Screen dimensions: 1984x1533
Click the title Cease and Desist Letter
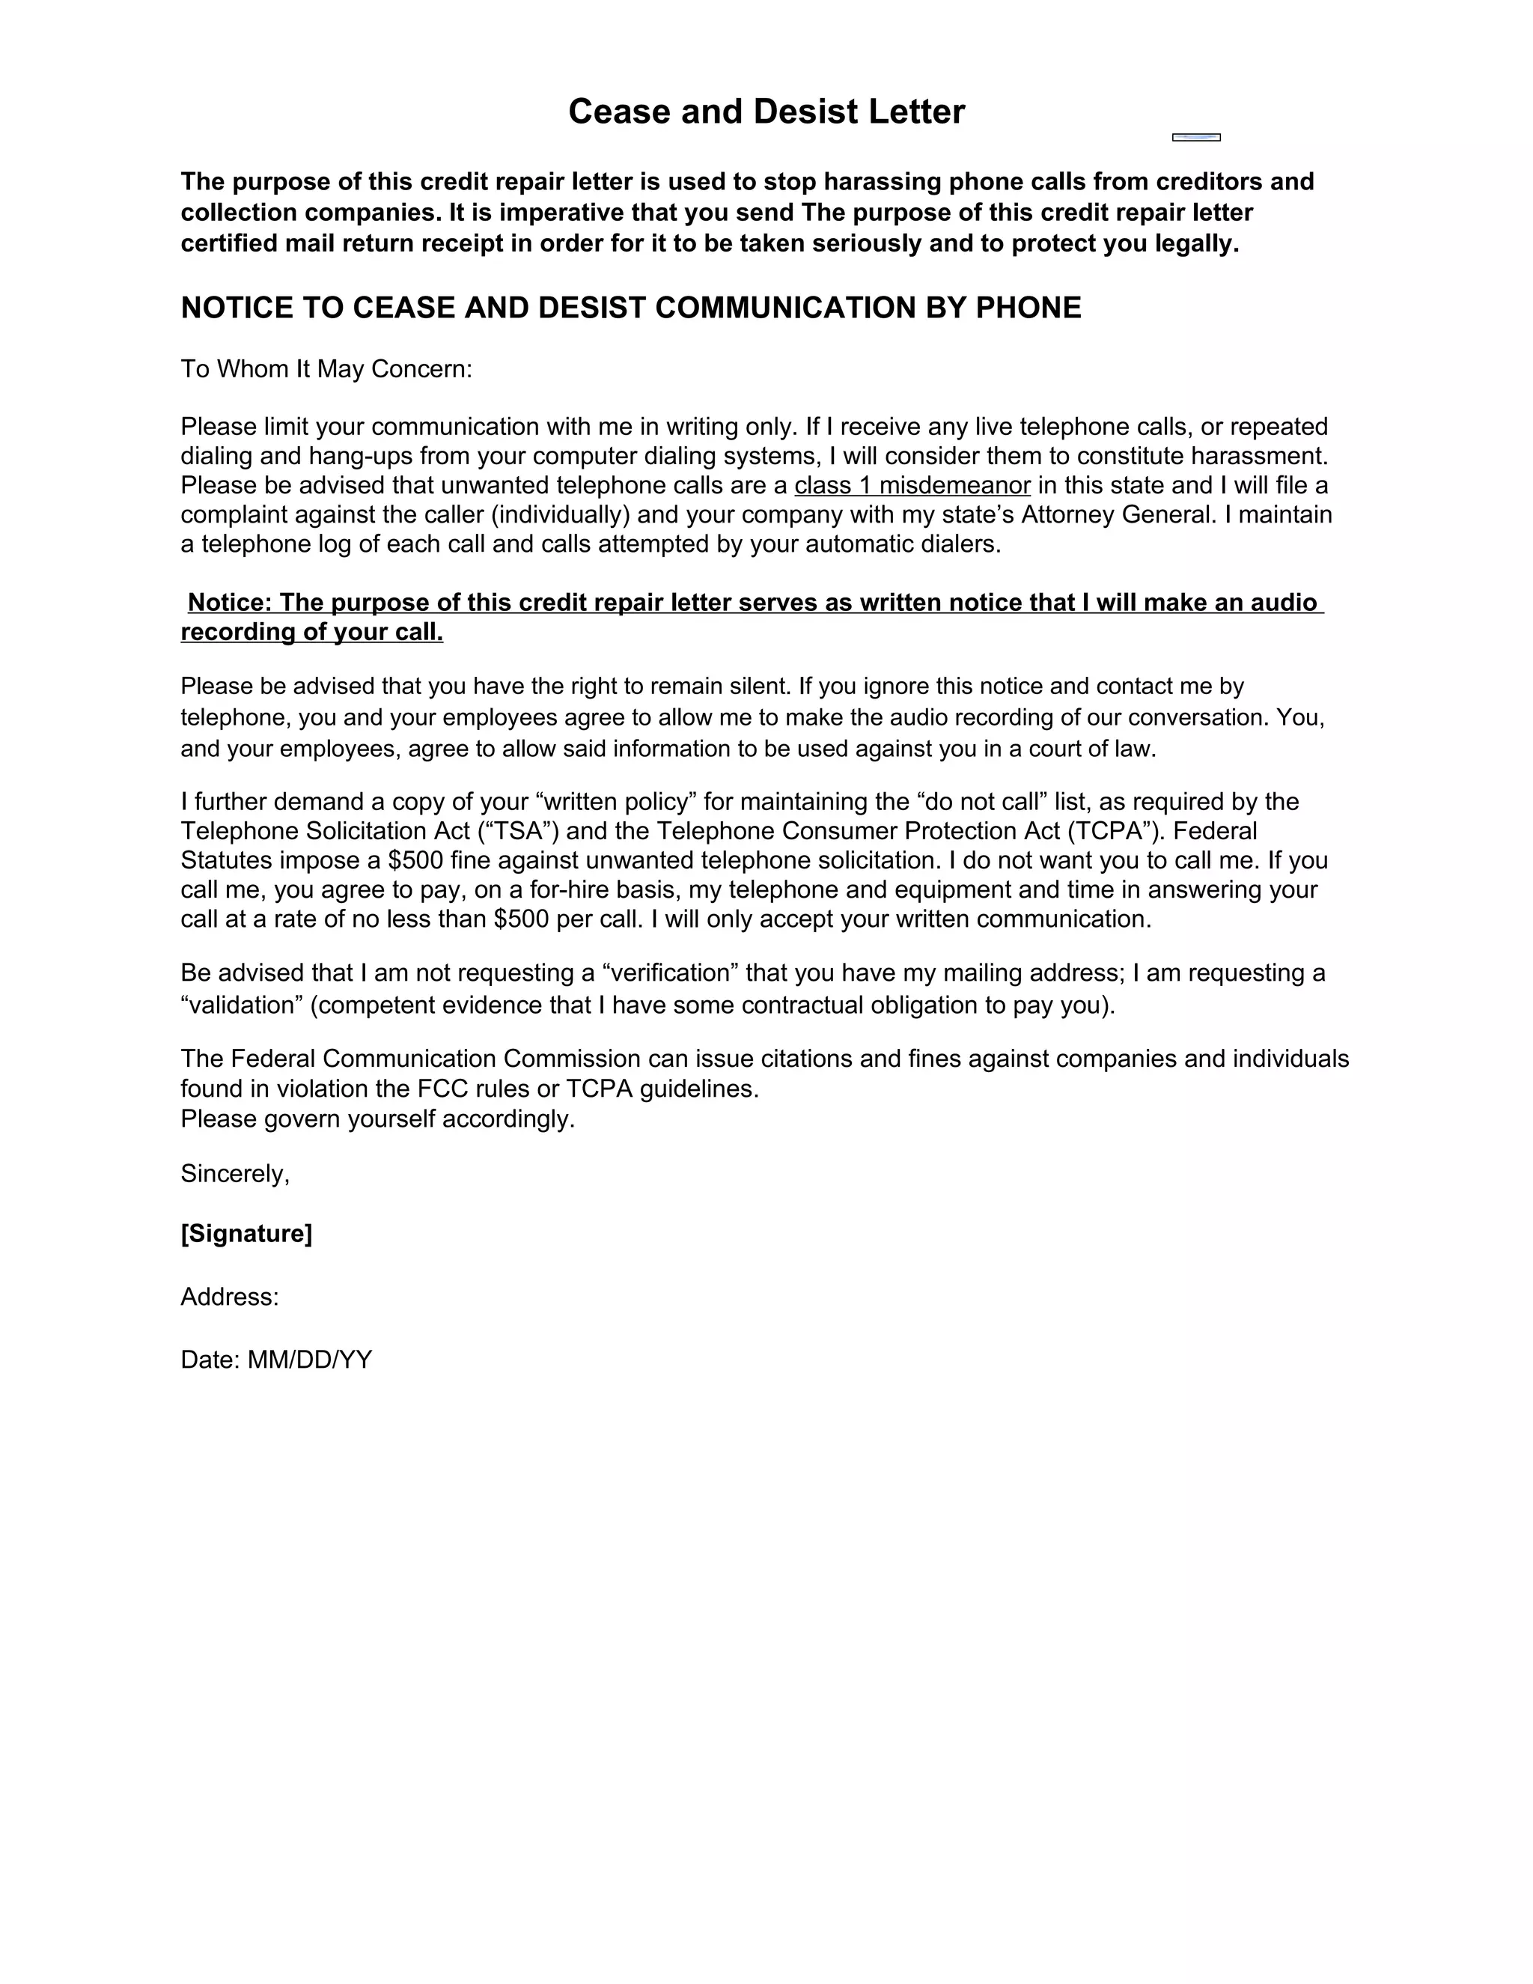[766, 112]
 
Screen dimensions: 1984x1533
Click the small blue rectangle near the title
[1196, 137]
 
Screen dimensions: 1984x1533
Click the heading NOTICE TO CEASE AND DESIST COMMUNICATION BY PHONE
[630, 308]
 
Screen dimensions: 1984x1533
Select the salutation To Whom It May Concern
[326, 369]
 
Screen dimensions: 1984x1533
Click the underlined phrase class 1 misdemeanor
[912, 485]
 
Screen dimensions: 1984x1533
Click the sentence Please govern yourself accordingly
[378, 1119]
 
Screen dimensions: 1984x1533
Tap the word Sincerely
[234, 1174]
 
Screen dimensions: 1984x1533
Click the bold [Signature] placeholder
[246, 1234]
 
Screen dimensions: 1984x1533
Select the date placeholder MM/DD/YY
[310, 1360]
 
